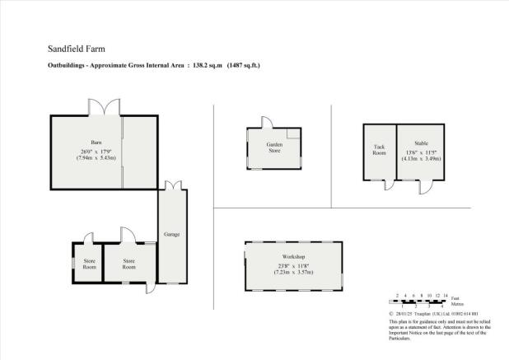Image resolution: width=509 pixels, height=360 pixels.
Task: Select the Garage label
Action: click(x=172, y=235)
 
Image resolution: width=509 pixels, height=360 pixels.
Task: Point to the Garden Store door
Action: click(x=268, y=122)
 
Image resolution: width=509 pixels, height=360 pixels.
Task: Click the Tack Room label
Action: click(x=380, y=150)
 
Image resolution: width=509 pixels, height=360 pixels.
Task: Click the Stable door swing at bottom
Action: click(x=425, y=187)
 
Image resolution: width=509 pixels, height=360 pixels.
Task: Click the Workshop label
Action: click(x=292, y=258)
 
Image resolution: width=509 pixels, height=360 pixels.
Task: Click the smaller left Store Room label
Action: click(x=89, y=264)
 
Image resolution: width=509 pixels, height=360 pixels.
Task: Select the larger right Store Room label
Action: click(x=129, y=264)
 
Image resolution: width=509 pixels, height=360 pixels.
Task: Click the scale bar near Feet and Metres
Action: click(x=420, y=300)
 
